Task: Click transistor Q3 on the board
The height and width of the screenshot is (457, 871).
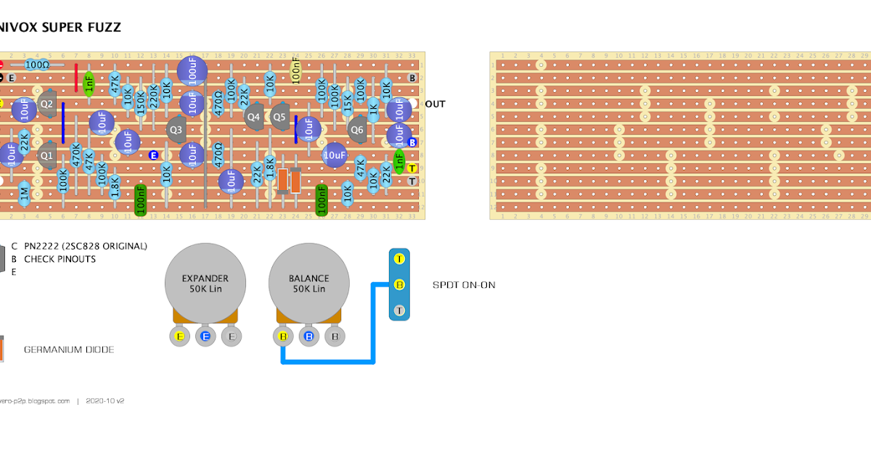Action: [176, 130]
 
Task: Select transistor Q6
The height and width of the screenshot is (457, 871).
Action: [356, 130]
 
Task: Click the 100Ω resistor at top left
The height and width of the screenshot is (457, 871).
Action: [36, 65]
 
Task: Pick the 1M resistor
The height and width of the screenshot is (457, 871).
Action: [24, 193]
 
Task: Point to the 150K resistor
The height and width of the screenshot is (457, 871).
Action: [141, 102]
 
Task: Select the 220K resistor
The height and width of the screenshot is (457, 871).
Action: [154, 96]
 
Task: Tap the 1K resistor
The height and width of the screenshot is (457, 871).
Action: [373, 110]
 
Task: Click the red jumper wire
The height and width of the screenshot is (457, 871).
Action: [76, 78]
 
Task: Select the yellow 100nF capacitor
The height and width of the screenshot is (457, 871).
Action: [296, 71]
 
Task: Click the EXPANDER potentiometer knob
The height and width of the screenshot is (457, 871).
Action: [205, 284]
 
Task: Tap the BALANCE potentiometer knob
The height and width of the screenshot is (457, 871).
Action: [309, 284]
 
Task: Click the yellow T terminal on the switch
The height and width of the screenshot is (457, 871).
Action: [399, 259]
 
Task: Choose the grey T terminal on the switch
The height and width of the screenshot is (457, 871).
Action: [399, 310]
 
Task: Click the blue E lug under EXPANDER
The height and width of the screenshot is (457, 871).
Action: [206, 336]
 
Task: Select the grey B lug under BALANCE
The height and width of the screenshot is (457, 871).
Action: [335, 336]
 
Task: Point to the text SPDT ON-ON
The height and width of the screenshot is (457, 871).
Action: [464, 285]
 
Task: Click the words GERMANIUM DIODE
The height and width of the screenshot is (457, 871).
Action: [69, 350]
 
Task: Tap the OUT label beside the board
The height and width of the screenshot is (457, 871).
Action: [435, 104]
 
